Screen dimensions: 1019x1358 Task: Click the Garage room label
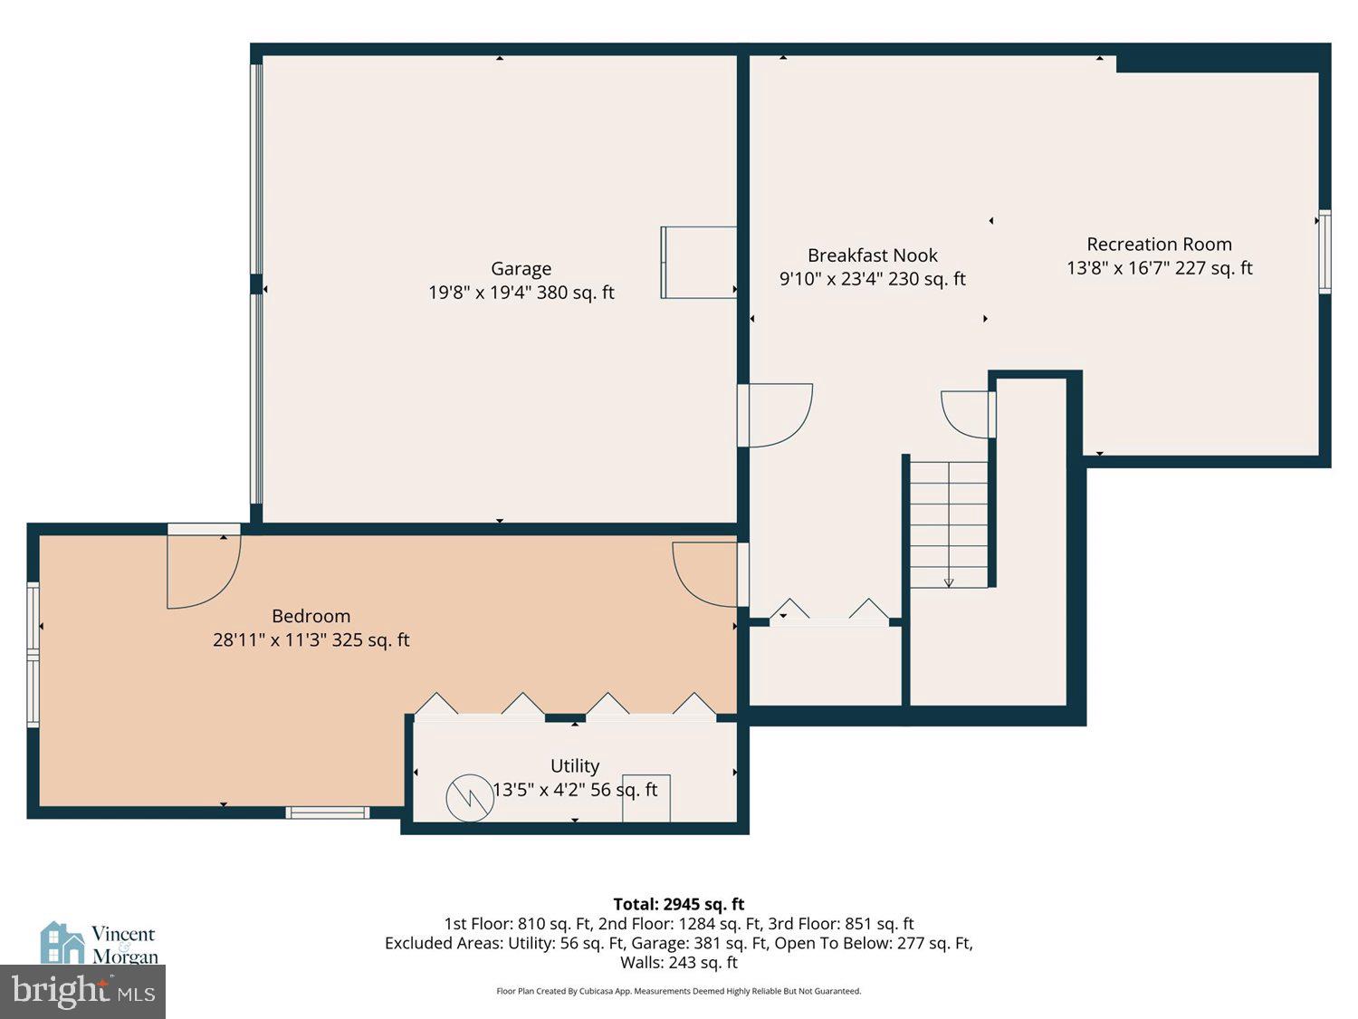tap(521, 269)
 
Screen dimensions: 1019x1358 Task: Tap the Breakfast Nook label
tap(872, 255)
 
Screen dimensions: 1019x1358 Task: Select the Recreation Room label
tap(1159, 245)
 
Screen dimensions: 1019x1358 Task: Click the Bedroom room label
tap(311, 616)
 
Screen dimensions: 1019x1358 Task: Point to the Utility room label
tap(575, 766)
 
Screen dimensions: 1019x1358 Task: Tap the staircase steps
tap(948, 524)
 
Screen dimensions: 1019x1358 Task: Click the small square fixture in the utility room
tap(646, 798)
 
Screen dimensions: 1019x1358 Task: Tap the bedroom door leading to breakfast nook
tap(707, 574)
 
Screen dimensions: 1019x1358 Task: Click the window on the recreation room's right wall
tap(1325, 252)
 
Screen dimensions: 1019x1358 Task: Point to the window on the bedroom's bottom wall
tap(328, 812)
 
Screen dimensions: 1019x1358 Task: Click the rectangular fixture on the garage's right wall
tap(698, 263)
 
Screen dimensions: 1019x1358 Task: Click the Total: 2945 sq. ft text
tap(678, 904)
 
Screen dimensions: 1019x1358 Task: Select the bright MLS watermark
tap(82, 992)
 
